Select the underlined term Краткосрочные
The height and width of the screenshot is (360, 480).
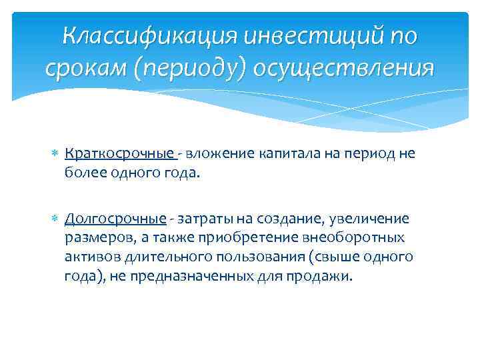[x=120, y=154]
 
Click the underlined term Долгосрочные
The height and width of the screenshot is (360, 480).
[x=115, y=219]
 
